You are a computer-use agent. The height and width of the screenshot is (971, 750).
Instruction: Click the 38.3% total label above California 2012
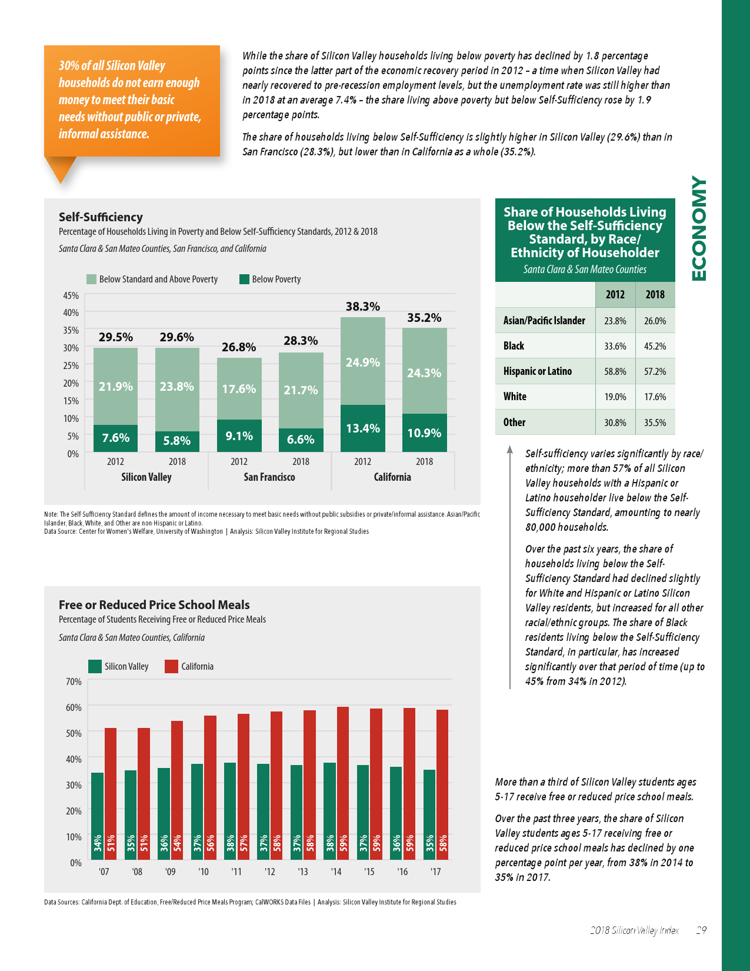pos(362,306)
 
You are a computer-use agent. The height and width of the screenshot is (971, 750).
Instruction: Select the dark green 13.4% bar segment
pos(362,428)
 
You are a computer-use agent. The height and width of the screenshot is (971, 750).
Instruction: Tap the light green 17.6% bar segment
pos(239,388)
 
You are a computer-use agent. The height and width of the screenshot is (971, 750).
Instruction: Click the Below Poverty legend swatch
pos(244,279)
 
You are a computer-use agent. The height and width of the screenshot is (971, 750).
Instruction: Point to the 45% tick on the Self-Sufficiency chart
pos(71,295)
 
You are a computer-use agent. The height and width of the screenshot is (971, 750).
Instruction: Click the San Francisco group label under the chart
pos(269,477)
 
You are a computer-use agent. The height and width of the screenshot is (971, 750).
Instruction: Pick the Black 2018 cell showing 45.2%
pos(655,346)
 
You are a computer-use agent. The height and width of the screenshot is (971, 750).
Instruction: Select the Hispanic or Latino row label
pos(537,371)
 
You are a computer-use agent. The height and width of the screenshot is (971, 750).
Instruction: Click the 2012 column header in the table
pos(615,294)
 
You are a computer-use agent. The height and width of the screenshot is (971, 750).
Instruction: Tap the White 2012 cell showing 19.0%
pos(615,397)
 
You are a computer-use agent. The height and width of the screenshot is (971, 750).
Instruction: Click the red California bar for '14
pos(343,783)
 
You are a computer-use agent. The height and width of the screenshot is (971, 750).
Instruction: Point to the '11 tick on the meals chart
pos(236,872)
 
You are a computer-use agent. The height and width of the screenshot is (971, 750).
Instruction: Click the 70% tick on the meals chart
pos(74,681)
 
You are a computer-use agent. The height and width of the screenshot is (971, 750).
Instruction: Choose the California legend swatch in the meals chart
pos(171,666)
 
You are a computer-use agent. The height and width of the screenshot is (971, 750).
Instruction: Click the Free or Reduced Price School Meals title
pos(154,605)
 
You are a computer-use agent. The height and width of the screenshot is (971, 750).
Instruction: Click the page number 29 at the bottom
pos(701,930)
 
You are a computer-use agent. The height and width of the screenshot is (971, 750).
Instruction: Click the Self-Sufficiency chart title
pos(101,217)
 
